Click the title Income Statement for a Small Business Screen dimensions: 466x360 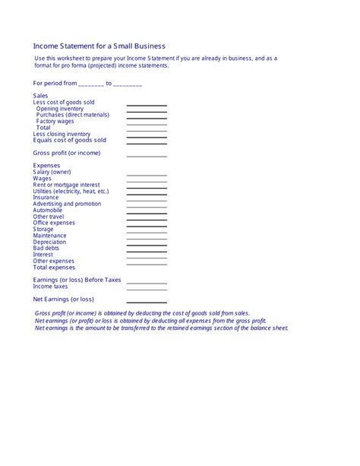click(x=99, y=46)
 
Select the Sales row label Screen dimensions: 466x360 click(x=41, y=96)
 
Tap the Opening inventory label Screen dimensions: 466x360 click(x=60, y=109)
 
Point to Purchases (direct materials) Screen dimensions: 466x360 click(x=73, y=115)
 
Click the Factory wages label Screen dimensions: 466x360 click(x=55, y=121)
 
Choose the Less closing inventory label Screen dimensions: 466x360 click(x=62, y=134)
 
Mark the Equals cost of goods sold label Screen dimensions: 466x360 click(x=70, y=140)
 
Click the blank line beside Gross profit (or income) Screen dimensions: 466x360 click(x=147, y=155)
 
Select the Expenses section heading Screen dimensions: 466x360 click(x=47, y=165)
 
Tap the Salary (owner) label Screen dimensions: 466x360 click(x=52, y=172)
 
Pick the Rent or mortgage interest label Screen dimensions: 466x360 click(x=67, y=185)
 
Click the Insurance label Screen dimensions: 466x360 click(x=46, y=197)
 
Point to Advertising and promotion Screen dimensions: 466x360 click(x=67, y=204)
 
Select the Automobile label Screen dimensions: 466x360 click(x=48, y=210)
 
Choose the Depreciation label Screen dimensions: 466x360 click(x=50, y=242)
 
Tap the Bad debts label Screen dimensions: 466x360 click(x=46, y=248)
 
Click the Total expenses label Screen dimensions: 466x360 click(x=55, y=267)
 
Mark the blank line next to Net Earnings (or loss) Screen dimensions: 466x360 click(x=147, y=301)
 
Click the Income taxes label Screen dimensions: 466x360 click(x=51, y=287)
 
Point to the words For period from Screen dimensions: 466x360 click(x=55, y=83)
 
